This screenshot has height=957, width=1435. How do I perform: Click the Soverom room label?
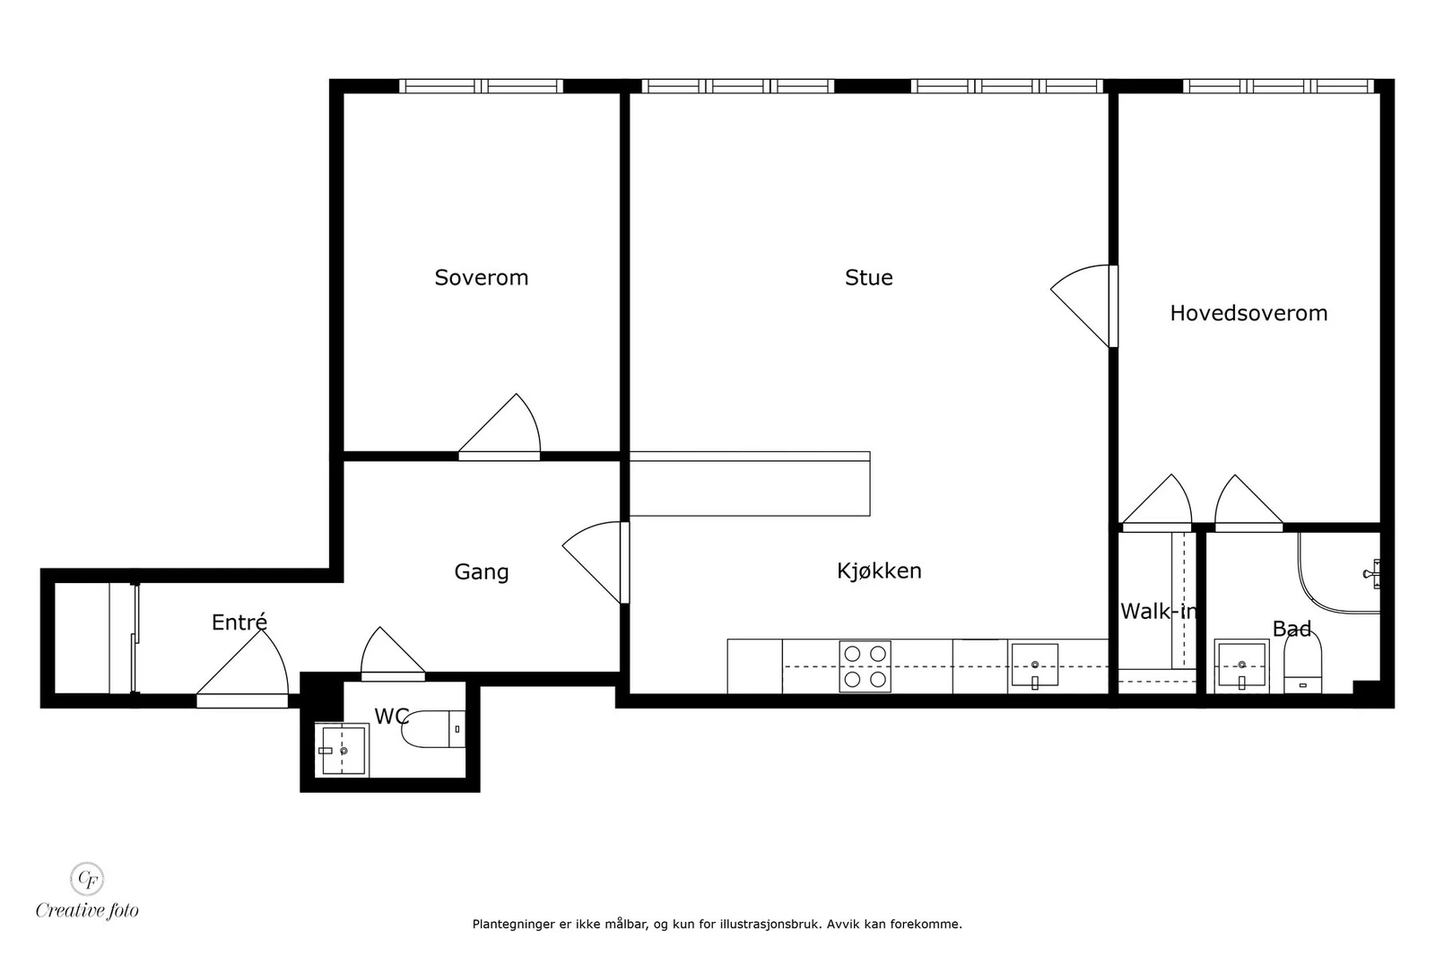[481, 278]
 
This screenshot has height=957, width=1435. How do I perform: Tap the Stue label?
[868, 278]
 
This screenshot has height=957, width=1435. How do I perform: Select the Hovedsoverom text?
[1248, 313]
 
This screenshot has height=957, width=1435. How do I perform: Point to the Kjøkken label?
[878, 570]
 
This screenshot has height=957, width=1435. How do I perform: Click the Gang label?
[481, 571]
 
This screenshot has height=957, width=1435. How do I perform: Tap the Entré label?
[239, 622]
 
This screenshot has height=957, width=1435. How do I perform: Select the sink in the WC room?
[342, 750]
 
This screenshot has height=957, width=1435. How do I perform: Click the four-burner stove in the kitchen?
[865, 666]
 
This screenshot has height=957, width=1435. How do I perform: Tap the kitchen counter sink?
[1034, 666]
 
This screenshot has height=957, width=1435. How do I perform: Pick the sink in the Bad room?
[1240, 666]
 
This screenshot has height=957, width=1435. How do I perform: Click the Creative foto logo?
[87, 892]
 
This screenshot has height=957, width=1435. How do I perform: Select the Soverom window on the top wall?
[481, 86]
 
